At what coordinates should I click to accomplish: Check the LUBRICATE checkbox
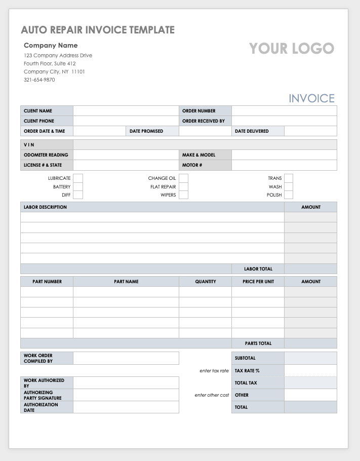click(78, 178)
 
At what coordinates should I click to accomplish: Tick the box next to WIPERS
click(183, 195)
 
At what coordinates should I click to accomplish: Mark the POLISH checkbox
click(289, 195)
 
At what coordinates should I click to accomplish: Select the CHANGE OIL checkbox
click(183, 178)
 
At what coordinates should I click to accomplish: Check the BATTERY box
click(78, 187)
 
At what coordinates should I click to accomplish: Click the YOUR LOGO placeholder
click(292, 49)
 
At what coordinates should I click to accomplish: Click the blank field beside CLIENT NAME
click(126, 111)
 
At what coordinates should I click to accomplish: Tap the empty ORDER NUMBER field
click(284, 111)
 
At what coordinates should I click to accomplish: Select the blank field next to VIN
click(205, 145)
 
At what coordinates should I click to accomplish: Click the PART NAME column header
click(126, 282)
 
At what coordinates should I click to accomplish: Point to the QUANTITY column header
click(206, 282)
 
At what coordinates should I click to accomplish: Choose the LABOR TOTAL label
click(258, 269)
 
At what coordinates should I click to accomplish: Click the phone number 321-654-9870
click(39, 80)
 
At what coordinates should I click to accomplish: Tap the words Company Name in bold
click(51, 46)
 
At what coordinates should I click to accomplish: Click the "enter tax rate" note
click(214, 371)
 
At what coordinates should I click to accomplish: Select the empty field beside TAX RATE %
click(310, 371)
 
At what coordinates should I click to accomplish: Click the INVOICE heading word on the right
click(312, 98)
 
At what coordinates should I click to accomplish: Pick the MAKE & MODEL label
click(199, 155)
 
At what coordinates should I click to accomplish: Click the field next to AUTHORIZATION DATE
click(126, 407)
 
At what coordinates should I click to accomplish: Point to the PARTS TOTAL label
click(258, 343)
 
